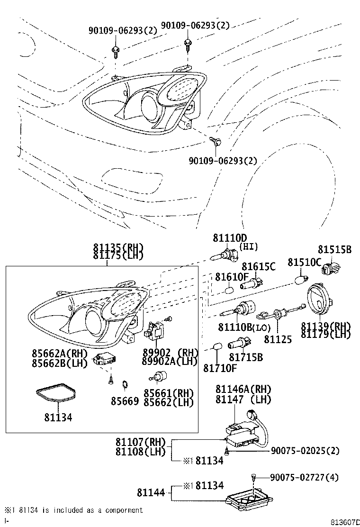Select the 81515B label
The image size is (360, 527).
coord(334,249)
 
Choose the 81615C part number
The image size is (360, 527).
coord(258,267)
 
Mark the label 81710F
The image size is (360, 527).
coord(220,367)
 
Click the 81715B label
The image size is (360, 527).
coord(246,357)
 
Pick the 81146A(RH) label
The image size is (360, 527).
coord(243,389)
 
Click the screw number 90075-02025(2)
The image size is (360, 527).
coord(305,450)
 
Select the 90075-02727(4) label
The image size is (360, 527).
coord(305,477)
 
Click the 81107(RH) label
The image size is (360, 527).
coord(141,442)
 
